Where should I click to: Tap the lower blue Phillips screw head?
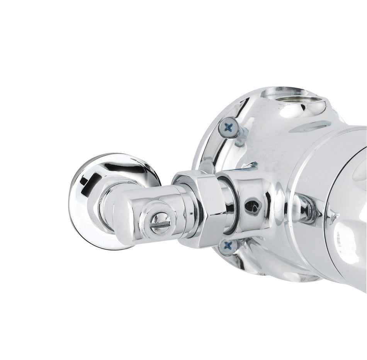pyautogui.click(x=228, y=245)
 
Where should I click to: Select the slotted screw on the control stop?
pyautogui.click(x=160, y=223)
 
